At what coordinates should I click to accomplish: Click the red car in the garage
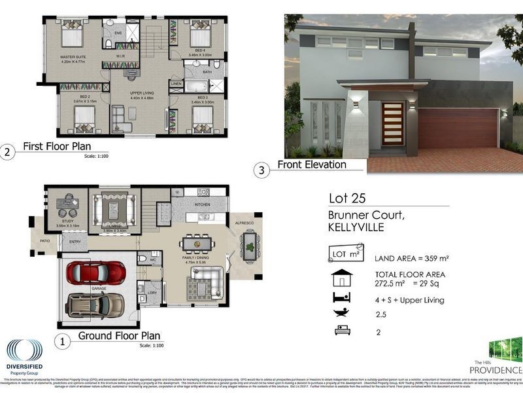point(96,272)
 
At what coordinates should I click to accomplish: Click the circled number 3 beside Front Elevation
point(262,170)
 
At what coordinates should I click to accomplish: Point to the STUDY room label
point(67,221)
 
